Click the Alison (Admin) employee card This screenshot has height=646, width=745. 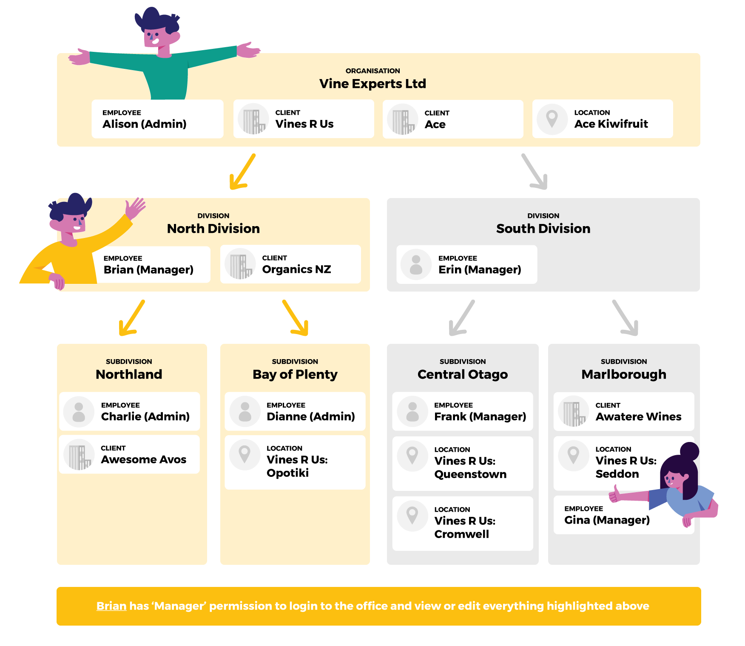(157, 119)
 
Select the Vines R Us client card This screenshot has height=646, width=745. (304, 119)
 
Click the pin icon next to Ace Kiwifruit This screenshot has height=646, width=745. (552, 119)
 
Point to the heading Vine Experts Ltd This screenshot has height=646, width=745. (372, 84)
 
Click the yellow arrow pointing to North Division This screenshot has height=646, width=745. (242, 172)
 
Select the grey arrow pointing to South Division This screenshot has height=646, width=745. (535, 172)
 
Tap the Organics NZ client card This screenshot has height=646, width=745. (290, 264)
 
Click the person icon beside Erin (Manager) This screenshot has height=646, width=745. (416, 264)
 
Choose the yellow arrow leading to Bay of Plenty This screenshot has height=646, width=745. (295, 318)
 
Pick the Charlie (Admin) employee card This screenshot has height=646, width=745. (130, 411)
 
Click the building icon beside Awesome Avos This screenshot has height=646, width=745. (79, 455)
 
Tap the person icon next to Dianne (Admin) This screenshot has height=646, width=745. (245, 411)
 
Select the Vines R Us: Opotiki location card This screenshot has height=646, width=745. (295, 462)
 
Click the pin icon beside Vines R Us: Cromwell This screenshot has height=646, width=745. (412, 516)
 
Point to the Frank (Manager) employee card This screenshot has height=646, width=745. (463, 411)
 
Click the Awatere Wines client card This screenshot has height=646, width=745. (624, 411)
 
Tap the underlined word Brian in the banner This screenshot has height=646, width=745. (111, 606)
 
